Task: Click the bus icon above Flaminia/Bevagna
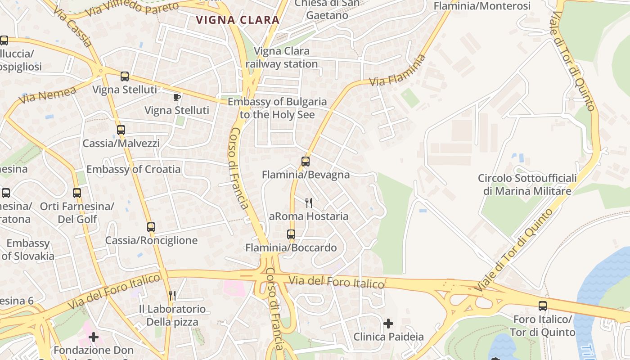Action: coord(306,161)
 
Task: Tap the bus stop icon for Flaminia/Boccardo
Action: coord(291,234)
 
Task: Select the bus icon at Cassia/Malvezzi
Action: coord(121,130)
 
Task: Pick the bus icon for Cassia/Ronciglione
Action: coord(151,227)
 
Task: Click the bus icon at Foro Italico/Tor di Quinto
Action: coord(543,306)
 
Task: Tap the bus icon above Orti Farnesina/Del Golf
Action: coord(77,193)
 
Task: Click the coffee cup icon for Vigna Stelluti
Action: coord(177,97)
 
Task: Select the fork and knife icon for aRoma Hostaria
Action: coord(309,202)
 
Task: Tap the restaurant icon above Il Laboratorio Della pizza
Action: coord(172,295)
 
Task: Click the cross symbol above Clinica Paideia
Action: coord(388,323)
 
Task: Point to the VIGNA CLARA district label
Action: coord(238,20)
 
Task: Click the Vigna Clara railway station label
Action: coord(282,58)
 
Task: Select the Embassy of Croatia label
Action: coord(134,169)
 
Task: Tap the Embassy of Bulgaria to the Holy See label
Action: coord(277,108)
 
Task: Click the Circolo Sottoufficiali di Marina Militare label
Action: coord(527,184)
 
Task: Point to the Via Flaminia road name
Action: coord(397,71)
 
